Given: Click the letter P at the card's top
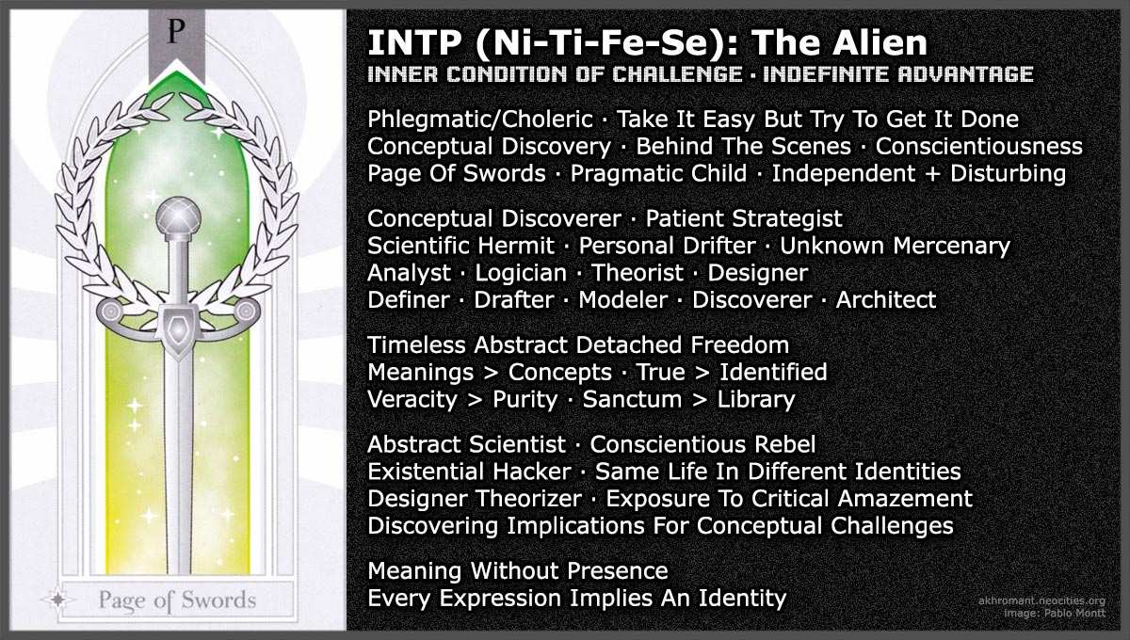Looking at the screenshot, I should [x=173, y=31].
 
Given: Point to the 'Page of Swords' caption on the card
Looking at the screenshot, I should [x=177, y=599].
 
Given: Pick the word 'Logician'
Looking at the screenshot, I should [x=521, y=273].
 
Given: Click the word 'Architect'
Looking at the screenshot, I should [x=886, y=300].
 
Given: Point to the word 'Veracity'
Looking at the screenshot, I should [x=412, y=399].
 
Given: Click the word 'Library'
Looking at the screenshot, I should [x=756, y=399].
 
